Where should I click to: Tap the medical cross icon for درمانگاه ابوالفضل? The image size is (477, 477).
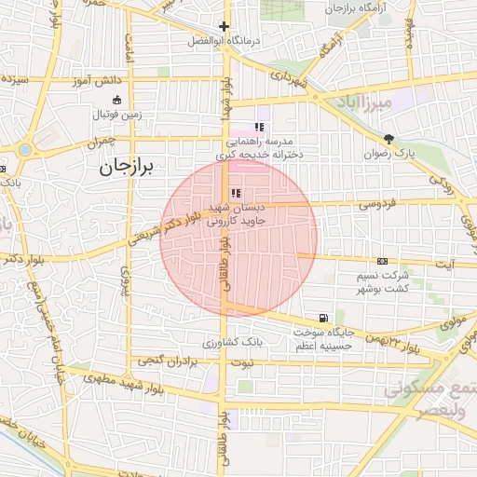point(224,27)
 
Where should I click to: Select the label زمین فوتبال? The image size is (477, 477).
point(116,115)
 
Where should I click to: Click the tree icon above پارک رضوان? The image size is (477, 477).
point(388,137)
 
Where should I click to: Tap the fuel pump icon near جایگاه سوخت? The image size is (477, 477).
point(322,318)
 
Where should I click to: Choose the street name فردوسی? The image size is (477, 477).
point(376,201)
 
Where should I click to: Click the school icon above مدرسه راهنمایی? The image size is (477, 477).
point(259,128)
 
